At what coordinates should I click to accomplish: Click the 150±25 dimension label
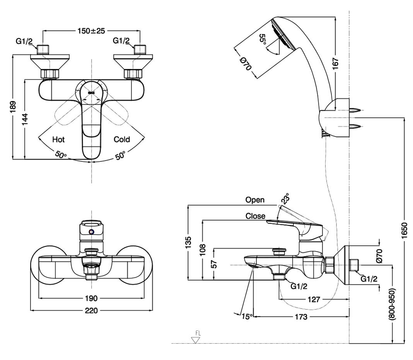click(x=91, y=31)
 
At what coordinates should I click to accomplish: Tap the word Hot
click(x=58, y=139)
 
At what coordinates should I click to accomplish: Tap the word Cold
click(x=122, y=139)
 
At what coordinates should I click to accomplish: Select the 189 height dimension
click(x=13, y=106)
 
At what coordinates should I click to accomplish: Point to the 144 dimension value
click(x=24, y=119)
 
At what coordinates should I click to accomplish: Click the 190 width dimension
click(x=91, y=298)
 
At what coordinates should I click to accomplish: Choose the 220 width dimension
click(x=91, y=310)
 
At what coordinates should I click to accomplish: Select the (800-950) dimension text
click(x=392, y=304)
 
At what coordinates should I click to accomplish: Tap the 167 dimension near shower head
click(x=335, y=63)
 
